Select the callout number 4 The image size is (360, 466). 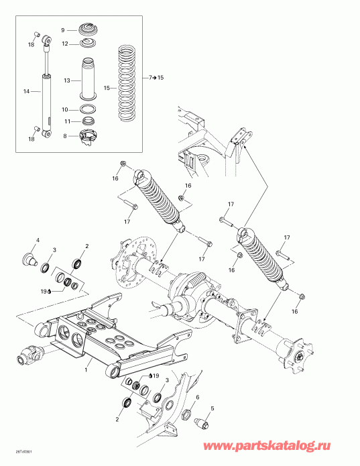click(x=38, y=240)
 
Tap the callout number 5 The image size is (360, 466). click(x=213, y=408)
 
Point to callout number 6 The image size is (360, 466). click(x=198, y=398)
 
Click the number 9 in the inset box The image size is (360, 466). click(x=63, y=30)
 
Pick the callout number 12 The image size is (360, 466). click(x=65, y=44)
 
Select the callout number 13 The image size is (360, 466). click(x=66, y=80)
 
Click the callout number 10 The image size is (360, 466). click(x=65, y=109)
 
